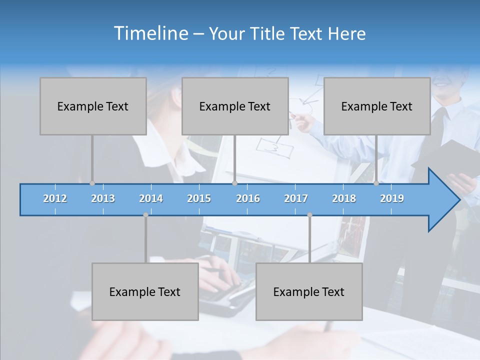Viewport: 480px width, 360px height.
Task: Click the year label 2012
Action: click(55, 198)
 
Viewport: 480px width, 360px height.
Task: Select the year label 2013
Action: click(103, 198)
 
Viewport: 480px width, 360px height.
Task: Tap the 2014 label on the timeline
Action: click(151, 198)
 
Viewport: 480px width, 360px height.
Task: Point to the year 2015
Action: click(199, 198)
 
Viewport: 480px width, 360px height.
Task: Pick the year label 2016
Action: click(248, 198)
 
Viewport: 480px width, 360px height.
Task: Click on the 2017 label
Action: click(296, 198)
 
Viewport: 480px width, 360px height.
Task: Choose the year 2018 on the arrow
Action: click(344, 198)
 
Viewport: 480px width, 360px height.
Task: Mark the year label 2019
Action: click(392, 198)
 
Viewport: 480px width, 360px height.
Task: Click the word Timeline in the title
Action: click(150, 33)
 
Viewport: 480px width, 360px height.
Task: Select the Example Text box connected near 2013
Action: click(93, 106)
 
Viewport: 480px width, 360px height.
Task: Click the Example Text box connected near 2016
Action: click(235, 106)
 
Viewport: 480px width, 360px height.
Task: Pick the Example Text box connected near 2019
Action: click(377, 106)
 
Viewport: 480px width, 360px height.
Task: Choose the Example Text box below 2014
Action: click(145, 291)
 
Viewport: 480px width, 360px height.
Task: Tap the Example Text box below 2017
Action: click(309, 291)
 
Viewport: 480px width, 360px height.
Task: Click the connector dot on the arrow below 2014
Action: click(145, 215)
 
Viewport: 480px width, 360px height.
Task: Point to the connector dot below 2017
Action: click(309, 215)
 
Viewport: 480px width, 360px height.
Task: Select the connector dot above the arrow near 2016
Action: click(234, 183)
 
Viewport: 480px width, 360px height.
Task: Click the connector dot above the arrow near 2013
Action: click(92, 183)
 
